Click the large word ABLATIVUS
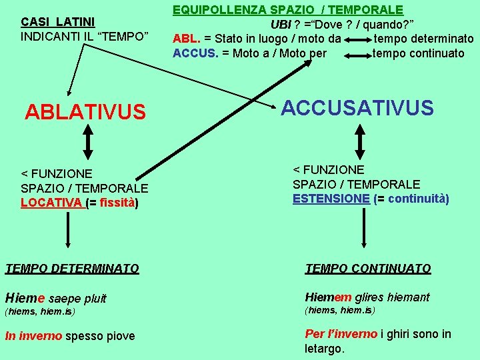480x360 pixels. [x=85, y=112]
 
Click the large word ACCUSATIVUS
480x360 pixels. [x=357, y=108]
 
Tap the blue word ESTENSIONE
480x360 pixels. [x=331, y=199]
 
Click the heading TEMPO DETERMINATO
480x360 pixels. [x=72, y=269]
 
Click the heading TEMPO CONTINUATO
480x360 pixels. [x=368, y=269]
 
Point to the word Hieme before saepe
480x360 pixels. [x=25, y=298]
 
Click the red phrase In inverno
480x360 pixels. [x=33, y=336]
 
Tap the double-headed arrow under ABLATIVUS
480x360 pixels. [x=87, y=143]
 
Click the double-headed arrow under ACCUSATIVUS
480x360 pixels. [x=361, y=140]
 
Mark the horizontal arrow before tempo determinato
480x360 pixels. [x=357, y=39]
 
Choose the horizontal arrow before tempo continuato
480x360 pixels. [x=357, y=53]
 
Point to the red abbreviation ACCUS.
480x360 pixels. [x=195, y=53]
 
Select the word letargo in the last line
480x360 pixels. [x=323, y=349]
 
